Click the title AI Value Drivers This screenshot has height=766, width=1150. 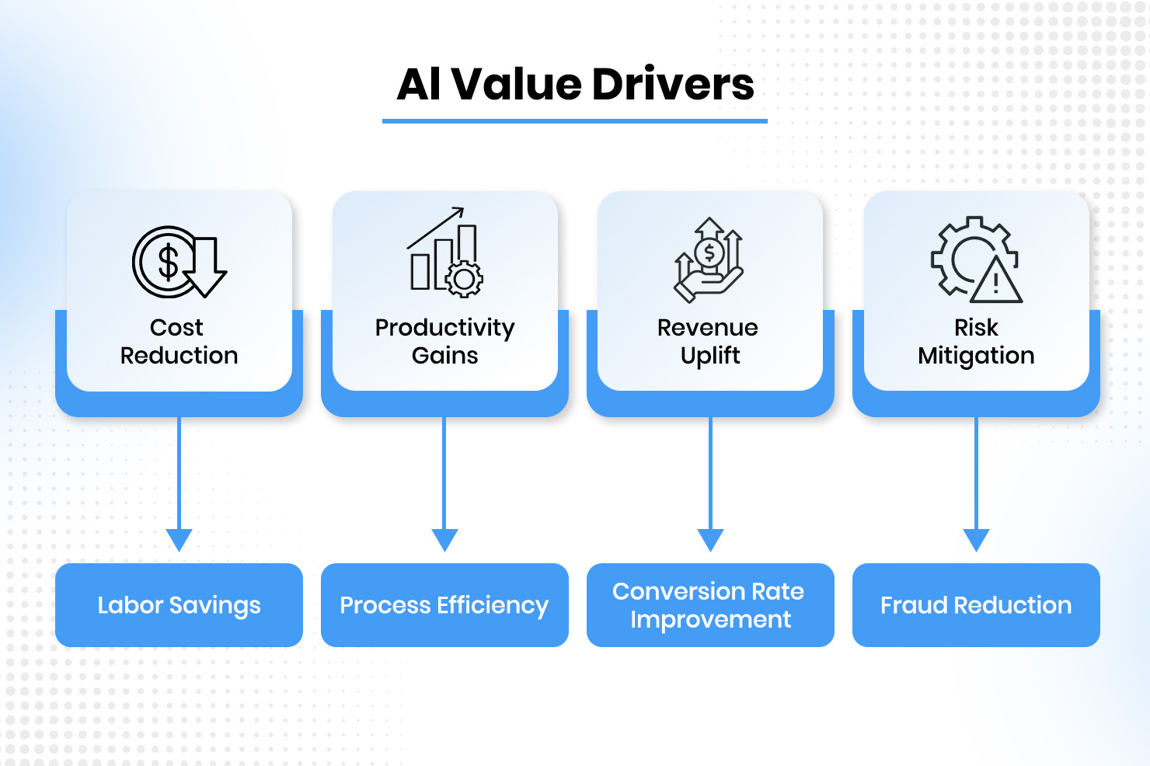575,84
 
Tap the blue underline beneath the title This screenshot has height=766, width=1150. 575,121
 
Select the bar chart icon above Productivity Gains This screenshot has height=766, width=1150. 445,252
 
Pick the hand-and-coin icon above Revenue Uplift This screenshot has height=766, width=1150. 709,259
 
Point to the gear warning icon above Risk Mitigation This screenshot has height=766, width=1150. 976,259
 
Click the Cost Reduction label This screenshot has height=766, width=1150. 179,341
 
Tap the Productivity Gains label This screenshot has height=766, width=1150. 445,341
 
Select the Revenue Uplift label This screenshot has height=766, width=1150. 709,341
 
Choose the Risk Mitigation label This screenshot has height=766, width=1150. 976,341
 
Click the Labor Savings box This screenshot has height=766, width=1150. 179,605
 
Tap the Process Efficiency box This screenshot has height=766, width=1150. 444,605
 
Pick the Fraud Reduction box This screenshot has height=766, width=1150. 976,605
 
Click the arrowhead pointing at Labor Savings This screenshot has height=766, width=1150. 179,539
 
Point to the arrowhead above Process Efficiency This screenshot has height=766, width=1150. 444,539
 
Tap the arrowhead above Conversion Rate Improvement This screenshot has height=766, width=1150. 710,539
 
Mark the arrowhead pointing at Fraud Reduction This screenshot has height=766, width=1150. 976,539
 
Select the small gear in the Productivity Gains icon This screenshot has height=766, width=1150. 465,279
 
